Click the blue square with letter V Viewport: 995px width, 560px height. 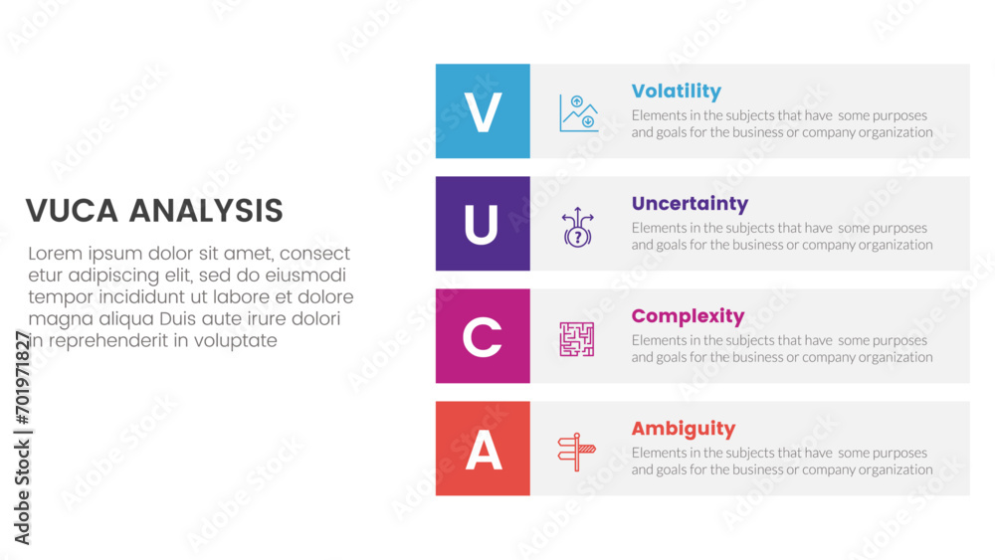(x=483, y=111)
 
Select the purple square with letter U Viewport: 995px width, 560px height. (x=483, y=223)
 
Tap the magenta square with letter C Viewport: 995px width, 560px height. (x=483, y=336)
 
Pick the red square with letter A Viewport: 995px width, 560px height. (x=483, y=449)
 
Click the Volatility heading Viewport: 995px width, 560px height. (x=676, y=92)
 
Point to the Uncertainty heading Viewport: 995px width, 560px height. (x=690, y=204)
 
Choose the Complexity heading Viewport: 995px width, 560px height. (x=688, y=316)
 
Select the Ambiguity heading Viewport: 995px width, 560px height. (x=684, y=429)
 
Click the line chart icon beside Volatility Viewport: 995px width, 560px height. (x=578, y=113)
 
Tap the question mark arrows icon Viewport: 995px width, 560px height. (x=577, y=227)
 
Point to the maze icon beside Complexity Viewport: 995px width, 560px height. (x=577, y=339)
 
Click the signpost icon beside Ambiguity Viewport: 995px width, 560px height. (x=576, y=453)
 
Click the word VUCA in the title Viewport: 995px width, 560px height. (x=72, y=211)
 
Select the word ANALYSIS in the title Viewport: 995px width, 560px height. (x=206, y=211)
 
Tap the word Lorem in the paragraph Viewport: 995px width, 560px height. (x=55, y=254)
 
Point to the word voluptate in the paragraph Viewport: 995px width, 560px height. (x=236, y=341)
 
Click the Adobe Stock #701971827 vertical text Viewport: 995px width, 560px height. (x=22, y=438)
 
